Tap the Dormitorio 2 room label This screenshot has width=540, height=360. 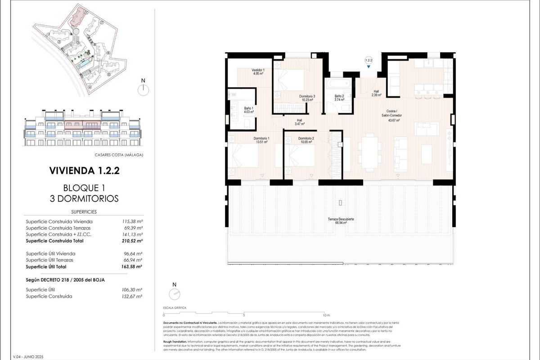(306, 139)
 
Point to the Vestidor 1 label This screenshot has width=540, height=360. (258, 71)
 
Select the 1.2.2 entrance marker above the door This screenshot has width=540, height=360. (369, 60)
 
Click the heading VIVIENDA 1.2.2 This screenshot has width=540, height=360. (84, 171)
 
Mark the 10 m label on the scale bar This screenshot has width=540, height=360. (327, 315)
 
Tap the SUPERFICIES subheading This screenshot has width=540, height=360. (84, 211)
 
